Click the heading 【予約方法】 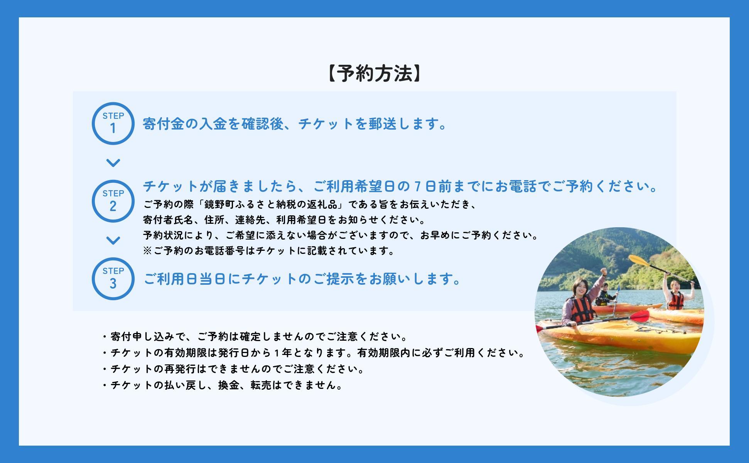[374, 73]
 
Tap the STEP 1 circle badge [113, 124]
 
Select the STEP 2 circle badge [113, 201]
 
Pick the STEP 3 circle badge [113, 279]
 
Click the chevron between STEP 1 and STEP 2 [113, 163]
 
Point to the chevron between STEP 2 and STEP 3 [113, 240]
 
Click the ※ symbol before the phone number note [148, 251]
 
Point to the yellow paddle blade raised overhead [638, 260]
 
